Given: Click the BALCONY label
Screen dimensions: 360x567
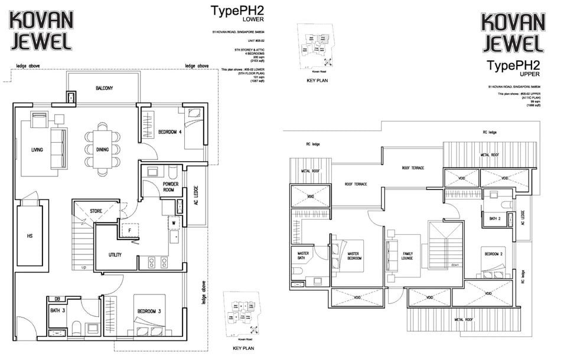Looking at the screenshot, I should click(x=104, y=88).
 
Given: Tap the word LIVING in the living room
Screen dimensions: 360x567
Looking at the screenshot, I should click(x=37, y=150).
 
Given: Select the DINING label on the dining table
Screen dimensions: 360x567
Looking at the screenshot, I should click(x=102, y=150).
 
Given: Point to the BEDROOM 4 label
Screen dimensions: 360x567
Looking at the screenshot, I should click(x=170, y=132).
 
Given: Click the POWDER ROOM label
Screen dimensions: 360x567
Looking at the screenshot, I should click(x=171, y=187).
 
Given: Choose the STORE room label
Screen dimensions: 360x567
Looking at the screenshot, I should click(x=96, y=211).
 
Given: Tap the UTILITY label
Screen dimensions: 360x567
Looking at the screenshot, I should click(x=115, y=254).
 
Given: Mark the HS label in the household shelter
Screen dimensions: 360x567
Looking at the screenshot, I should click(x=30, y=236).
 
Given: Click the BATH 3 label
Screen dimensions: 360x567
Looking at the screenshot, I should click(x=57, y=310).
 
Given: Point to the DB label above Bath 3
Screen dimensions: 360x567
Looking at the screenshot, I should click(x=58, y=299).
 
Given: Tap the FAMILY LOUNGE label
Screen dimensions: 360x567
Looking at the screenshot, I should click(x=407, y=256).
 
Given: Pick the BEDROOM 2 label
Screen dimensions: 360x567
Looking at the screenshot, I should click(x=494, y=254).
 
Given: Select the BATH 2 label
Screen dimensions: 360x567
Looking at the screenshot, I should click(x=494, y=218).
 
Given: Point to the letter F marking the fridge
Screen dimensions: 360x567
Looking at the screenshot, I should click(x=129, y=231).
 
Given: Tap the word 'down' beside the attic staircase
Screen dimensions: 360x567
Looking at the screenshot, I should click(x=455, y=265).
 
